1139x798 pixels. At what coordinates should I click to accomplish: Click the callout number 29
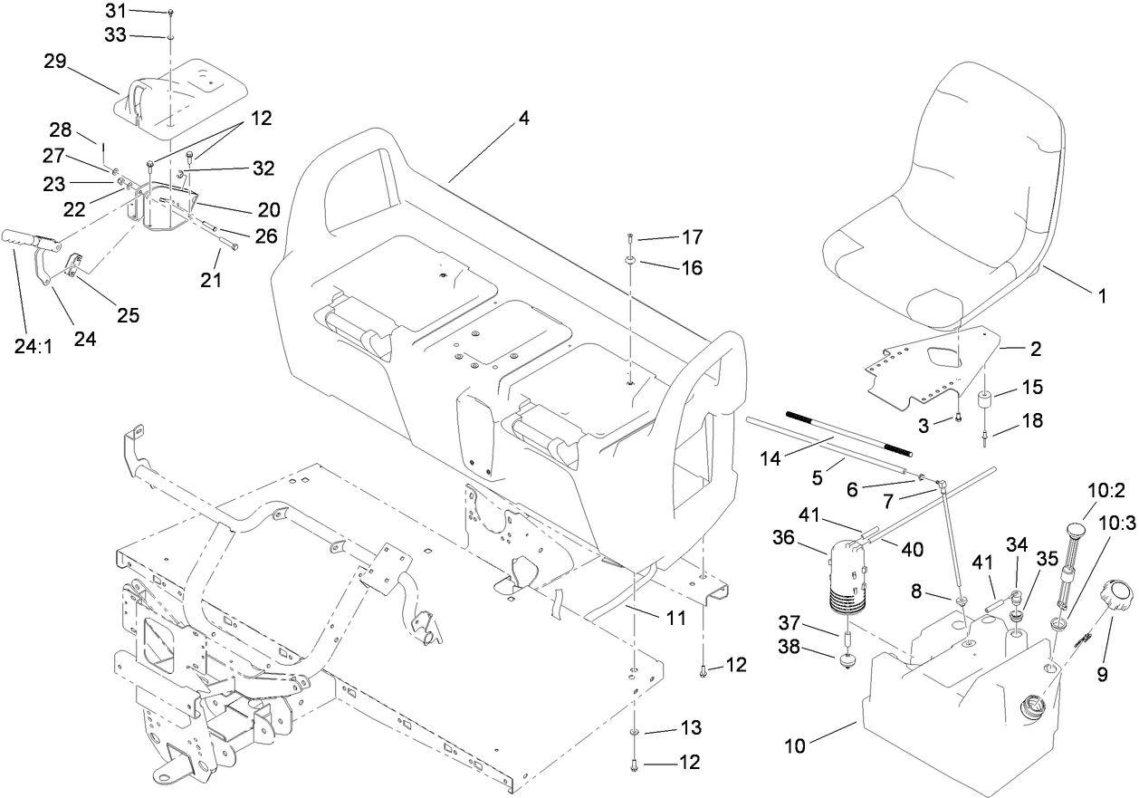[56, 62]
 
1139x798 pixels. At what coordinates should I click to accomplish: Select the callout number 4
[523, 119]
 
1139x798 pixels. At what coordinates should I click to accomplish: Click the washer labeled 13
[635, 728]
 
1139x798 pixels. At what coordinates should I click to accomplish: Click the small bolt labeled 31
[170, 12]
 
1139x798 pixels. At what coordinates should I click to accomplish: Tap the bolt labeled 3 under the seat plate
[956, 418]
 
